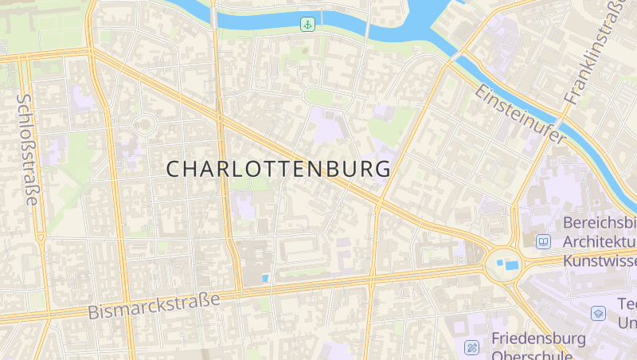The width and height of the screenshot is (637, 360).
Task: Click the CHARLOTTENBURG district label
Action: click(x=279, y=169)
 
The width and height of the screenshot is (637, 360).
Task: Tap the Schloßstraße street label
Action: click(x=27, y=150)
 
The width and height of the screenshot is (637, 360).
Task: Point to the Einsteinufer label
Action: click(x=521, y=115)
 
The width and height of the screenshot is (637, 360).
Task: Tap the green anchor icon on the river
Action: click(x=307, y=24)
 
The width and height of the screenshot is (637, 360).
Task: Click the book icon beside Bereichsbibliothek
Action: click(x=543, y=241)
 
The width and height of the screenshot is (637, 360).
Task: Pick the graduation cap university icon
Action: click(x=598, y=313)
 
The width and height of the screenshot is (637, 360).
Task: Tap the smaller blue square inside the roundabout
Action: click(x=499, y=261)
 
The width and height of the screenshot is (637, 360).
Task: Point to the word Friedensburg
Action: click(x=538, y=338)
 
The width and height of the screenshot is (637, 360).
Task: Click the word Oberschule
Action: click(x=524, y=355)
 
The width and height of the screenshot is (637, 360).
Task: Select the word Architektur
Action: click(x=600, y=241)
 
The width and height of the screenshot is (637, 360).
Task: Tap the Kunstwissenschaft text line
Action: click(x=600, y=260)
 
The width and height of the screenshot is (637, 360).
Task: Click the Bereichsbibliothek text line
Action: click(x=600, y=222)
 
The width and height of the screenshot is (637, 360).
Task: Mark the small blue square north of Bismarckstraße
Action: click(x=265, y=278)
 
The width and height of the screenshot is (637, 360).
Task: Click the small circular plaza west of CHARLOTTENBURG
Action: click(x=144, y=124)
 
